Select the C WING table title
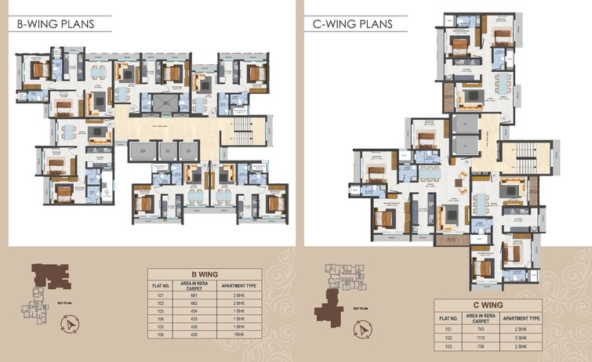[488, 306]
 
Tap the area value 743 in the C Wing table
[480, 329]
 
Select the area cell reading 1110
[480, 337]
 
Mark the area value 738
[480, 346]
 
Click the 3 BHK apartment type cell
[521, 337]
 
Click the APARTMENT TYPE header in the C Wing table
[521, 318]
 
